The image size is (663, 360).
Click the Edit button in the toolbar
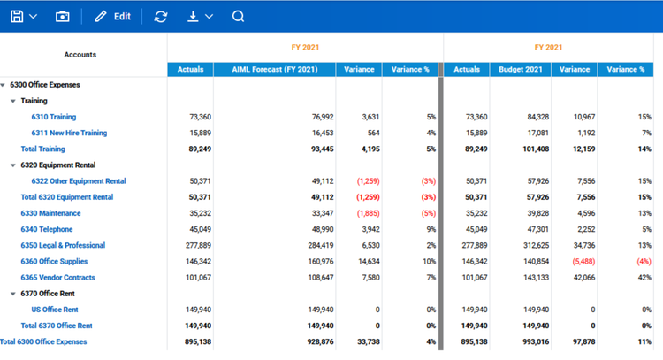(112, 16)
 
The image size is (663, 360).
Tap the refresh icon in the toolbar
(160, 16)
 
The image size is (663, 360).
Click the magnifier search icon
(238, 16)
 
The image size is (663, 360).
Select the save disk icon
(17, 16)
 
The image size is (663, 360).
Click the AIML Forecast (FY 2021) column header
(274, 69)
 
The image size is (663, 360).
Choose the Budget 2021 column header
(520, 69)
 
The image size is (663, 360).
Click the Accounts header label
(80, 55)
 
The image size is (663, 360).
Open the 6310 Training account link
(53, 117)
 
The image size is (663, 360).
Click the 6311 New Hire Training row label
(69, 133)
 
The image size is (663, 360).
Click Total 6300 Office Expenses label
(43, 341)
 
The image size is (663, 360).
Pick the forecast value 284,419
(316, 245)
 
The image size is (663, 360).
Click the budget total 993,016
(530, 341)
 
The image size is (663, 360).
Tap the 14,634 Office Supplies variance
(363, 261)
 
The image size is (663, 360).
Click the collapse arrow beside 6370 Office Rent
(13, 293)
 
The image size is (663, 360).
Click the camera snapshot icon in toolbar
(62, 16)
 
